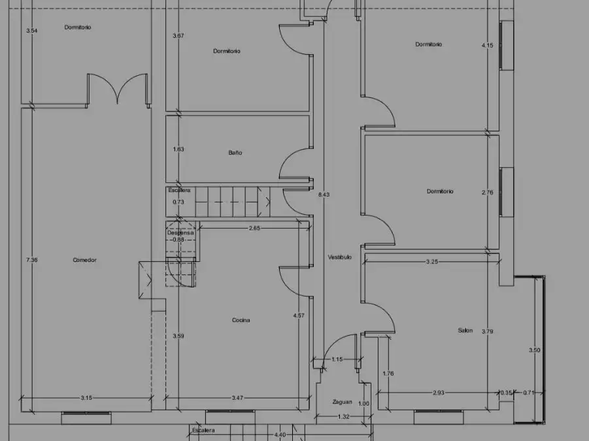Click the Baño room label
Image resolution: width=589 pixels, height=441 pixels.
click(235, 153)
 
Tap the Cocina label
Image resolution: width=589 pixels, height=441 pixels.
click(241, 320)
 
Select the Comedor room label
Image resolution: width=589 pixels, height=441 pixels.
click(84, 260)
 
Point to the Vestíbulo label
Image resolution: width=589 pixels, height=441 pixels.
click(339, 257)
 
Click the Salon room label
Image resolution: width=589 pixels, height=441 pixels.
click(465, 331)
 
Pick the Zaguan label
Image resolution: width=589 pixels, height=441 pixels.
click(342, 402)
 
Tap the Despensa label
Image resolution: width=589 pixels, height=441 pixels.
click(180, 233)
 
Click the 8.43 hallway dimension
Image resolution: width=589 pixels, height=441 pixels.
click(324, 195)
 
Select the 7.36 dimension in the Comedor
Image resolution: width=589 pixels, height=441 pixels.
click(32, 260)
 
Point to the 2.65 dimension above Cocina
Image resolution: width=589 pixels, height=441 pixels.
click(254, 228)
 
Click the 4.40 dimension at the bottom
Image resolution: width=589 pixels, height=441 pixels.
click(280, 434)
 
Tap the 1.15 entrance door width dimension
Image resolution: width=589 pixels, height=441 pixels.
click(337, 359)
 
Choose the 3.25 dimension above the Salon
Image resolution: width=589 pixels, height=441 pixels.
click(432, 261)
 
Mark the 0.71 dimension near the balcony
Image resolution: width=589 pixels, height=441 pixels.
click(528, 393)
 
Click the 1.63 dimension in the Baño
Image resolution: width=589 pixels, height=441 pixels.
click(178, 149)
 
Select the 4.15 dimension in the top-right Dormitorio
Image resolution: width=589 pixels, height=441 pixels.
click(487, 45)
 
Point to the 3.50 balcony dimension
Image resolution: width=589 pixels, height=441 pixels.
click(535, 350)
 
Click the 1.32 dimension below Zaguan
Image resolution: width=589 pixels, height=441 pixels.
click(344, 416)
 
